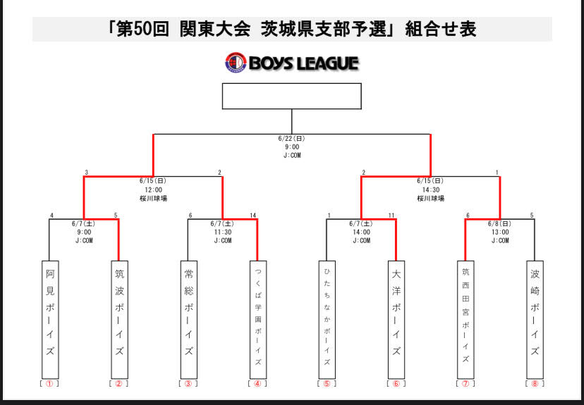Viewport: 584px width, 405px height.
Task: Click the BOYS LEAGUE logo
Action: tap(291, 63)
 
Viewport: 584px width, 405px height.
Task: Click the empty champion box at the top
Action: tap(291, 96)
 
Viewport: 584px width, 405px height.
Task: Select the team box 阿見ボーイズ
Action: tap(49, 319)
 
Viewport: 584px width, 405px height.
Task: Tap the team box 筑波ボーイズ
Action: tap(118, 319)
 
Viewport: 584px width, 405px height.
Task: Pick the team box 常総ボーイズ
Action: tap(188, 319)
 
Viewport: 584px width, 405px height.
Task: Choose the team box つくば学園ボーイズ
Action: tap(257, 319)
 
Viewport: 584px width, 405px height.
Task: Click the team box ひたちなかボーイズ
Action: tap(327, 319)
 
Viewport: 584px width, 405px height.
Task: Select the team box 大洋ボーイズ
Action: tap(396, 319)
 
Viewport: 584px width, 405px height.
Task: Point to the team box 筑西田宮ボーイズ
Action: tap(465, 319)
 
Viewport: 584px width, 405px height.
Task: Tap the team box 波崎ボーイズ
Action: tap(534, 319)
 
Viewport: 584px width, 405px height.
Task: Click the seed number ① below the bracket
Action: tap(49, 384)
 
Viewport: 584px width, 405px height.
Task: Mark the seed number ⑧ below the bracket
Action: tap(534, 384)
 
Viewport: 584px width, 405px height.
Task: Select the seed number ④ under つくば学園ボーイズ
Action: tap(257, 384)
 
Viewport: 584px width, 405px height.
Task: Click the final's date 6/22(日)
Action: tap(291, 139)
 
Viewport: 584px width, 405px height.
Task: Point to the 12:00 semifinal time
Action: tap(153, 189)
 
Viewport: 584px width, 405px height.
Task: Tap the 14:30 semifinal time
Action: tap(430, 189)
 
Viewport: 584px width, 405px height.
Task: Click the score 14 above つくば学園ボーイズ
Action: tap(253, 215)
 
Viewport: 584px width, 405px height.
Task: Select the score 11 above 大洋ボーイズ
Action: tap(391, 215)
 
